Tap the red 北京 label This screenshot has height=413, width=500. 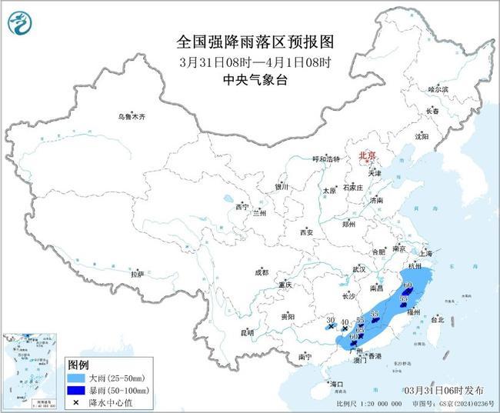[365, 155]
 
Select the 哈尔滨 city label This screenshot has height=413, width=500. [437, 90]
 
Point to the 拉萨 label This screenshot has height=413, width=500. [137, 274]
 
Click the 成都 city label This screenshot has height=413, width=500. [262, 271]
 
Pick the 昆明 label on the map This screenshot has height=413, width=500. [247, 332]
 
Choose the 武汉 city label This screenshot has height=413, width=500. [358, 269]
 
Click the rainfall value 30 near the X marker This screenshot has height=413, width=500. [329, 319]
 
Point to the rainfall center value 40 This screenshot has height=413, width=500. [345, 321]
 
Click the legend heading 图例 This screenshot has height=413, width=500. [78, 365]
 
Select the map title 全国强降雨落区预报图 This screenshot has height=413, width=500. [250, 40]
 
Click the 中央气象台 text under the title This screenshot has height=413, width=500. [250, 78]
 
